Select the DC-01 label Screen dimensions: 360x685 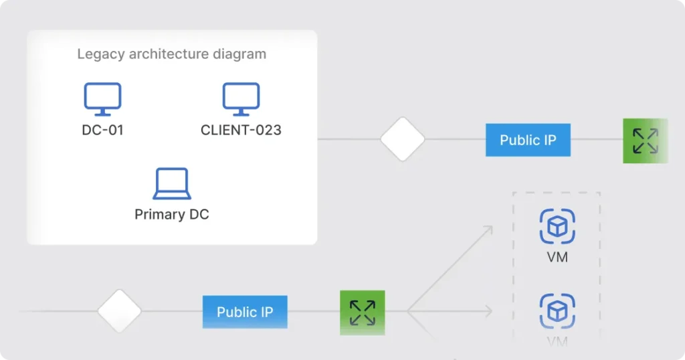click(x=102, y=130)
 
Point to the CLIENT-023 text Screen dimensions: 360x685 click(x=241, y=130)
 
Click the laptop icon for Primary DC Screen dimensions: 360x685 click(x=172, y=184)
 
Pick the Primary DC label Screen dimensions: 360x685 click(x=172, y=215)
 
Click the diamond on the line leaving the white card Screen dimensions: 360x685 click(x=403, y=139)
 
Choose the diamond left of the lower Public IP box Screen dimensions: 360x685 click(x=120, y=311)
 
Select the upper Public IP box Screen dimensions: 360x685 click(x=528, y=140)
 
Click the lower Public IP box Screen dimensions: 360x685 click(x=245, y=312)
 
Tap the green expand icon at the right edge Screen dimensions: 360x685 click(x=645, y=141)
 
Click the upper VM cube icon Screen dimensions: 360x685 click(x=557, y=226)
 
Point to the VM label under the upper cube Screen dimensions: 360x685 click(x=557, y=257)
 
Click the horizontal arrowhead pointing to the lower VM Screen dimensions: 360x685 click(x=489, y=311)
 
